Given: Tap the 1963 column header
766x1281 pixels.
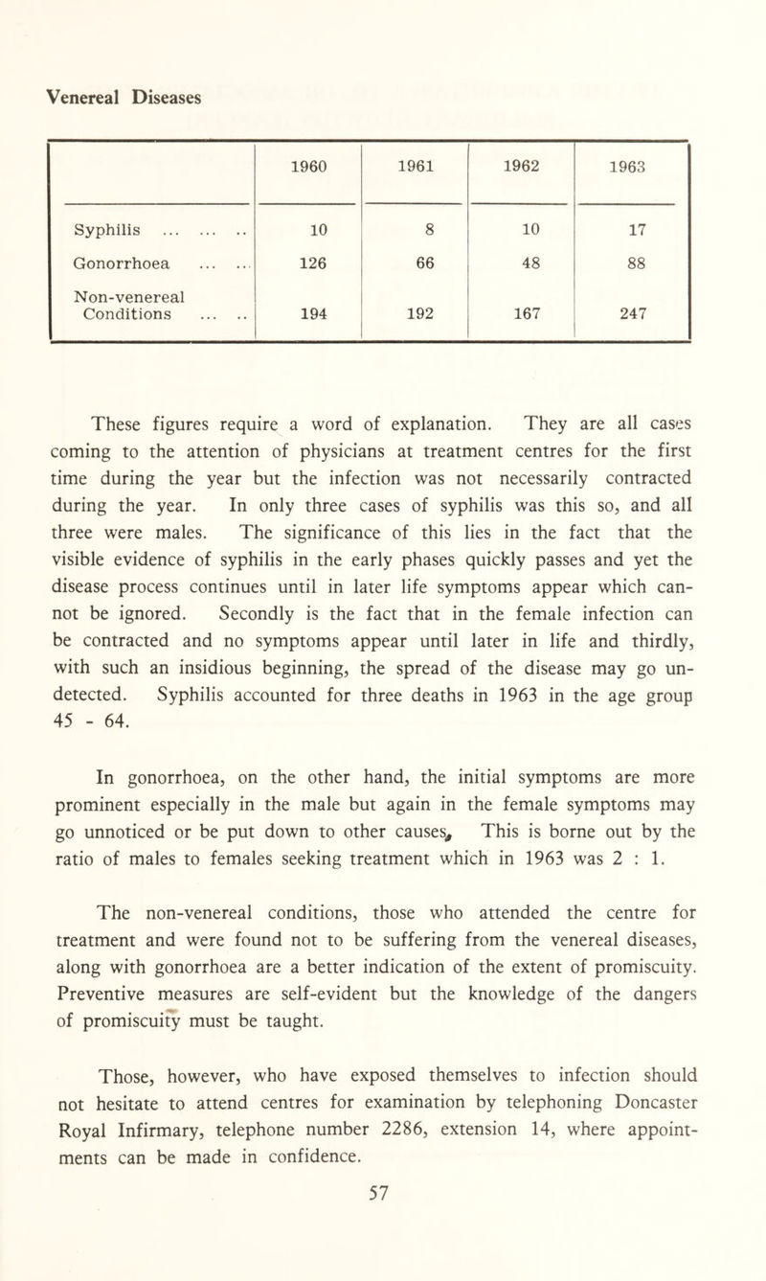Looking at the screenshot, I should [x=628, y=165].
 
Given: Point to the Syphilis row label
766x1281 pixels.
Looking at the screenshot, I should [x=104, y=231].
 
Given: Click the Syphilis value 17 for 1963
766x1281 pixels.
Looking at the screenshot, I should [x=628, y=231].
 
